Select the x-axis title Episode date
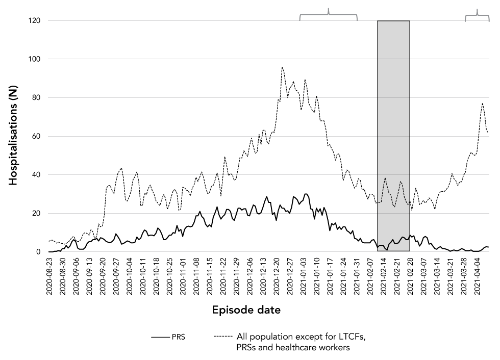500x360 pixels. pos(247,310)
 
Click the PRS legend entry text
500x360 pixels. pos(179,338)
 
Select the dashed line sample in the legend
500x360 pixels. pos(224,338)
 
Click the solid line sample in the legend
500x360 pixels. pos(160,338)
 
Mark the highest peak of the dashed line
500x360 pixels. pos(282,67)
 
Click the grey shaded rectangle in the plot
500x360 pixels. pos(393,136)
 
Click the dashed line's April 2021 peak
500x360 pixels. pos(482,104)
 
